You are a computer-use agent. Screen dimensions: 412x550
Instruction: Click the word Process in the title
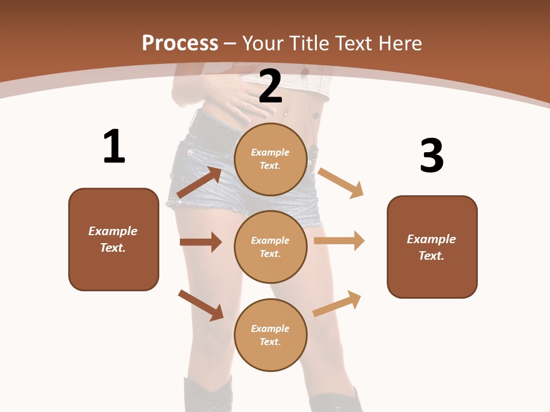click(180, 43)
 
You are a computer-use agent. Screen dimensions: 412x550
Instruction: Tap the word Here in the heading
click(398, 43)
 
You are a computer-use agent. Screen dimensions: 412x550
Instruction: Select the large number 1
click(114, 147)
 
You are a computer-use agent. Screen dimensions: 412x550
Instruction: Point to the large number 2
click(270, 86)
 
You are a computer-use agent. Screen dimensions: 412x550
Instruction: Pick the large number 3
click(432, 156)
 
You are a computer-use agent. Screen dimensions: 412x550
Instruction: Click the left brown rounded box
click(113, 239)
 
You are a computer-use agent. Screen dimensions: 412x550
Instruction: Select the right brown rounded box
click(432, 247)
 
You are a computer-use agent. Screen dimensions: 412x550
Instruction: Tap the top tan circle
click(270, 159)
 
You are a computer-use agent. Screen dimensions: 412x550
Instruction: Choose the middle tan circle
click(270, 247)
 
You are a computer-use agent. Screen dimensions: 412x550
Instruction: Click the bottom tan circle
click(270, 335)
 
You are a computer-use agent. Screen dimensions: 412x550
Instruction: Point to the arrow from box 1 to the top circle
click(199, 183)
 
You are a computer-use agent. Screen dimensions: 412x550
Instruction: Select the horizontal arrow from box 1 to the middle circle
click(201, 242)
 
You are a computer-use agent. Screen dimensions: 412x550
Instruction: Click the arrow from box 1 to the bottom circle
click(201, 305)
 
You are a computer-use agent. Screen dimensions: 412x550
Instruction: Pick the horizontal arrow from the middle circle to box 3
click(339, 241)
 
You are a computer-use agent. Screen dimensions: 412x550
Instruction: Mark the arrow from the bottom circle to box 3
click(337, 304)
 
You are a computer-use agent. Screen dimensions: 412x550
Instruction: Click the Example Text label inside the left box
click(113, 239)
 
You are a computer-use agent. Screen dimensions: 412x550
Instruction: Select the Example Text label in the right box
click(431, 247)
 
